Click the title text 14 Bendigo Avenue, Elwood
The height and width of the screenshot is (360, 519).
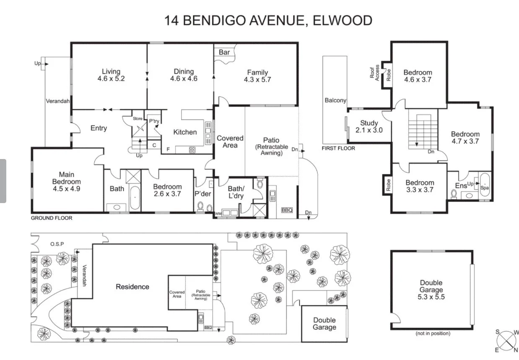[268, 20]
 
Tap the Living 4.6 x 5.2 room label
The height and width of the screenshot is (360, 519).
[111, 75]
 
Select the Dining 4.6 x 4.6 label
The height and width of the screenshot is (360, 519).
[184, 75]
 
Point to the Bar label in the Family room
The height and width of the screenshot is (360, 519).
[224, 52]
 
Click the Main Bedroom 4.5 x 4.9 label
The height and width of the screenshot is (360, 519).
[66, 182]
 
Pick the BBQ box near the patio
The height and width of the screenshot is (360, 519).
[287, 210]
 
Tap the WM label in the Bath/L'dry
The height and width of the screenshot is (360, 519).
[218, 214]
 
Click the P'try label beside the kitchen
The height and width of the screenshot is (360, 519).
[154, 121]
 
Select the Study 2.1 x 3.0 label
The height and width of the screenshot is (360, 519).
[369, 126]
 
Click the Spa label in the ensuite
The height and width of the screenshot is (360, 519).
[485, 188]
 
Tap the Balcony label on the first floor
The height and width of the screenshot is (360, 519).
[335, 100]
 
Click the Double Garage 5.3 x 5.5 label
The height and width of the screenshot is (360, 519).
[431, 290]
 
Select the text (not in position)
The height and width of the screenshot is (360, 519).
[433, 334]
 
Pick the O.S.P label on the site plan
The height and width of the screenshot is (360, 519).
[57, 244]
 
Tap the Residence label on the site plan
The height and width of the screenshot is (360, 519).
[132, 287]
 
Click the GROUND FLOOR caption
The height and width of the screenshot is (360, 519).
[52, 218]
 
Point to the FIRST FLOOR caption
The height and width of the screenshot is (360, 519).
[338, 148]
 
